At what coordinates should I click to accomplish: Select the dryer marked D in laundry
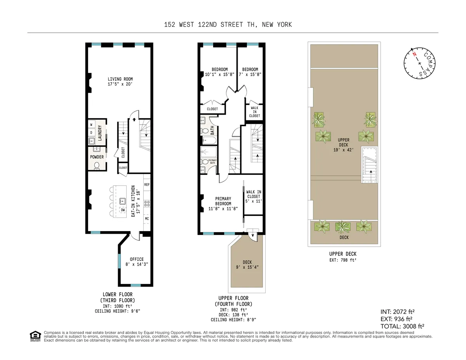point(92,132)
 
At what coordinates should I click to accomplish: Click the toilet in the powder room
point(97,166)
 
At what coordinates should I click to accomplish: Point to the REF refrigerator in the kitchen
point(147,185)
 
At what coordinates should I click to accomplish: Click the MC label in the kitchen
point(147,219)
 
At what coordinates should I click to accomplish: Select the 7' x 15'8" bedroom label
point(249,72)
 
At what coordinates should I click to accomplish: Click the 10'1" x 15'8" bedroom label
point(217,72)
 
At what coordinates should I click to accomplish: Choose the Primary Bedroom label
point(223,203)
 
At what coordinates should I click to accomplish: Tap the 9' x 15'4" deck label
point(247,264)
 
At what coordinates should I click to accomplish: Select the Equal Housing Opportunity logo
point(35,336)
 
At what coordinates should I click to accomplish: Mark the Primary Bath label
point(213,162)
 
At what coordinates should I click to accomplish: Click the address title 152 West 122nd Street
point(228,25)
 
